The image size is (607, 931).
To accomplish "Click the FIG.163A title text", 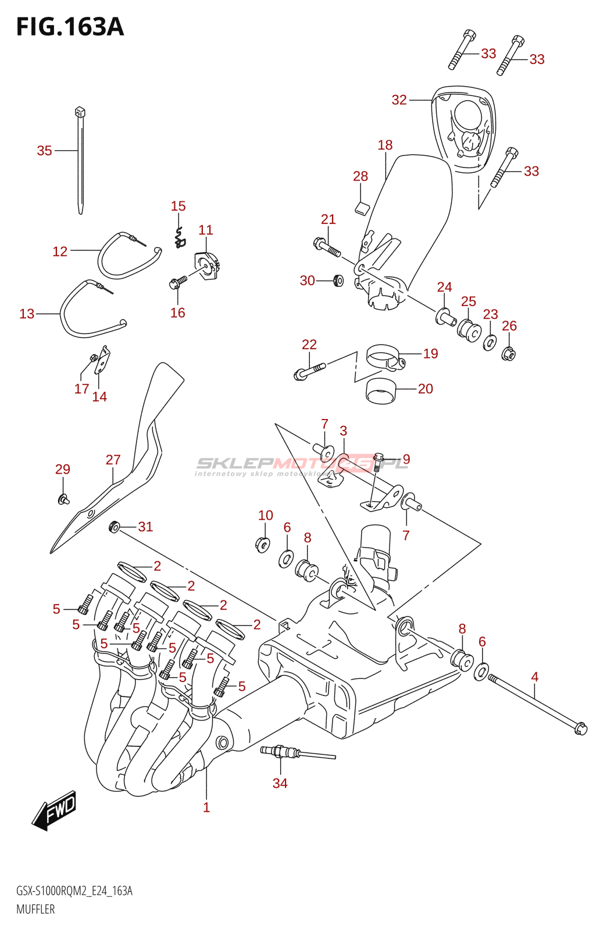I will click(x=70, y=27).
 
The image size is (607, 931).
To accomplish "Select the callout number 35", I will click(x=45, y=151).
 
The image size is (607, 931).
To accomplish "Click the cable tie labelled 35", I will click(x=80, y=163).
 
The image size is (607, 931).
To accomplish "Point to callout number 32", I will click(x=399, y=100).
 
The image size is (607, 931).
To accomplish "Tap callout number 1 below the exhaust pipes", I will click(x=206, y=807).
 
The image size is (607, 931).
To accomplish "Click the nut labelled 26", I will click(x=509, y=353).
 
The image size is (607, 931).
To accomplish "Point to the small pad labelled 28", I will click(x=362, y=207).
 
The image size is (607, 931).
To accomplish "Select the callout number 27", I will click(x=113, y=460).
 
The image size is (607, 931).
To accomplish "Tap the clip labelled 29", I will click(x=63, y=498).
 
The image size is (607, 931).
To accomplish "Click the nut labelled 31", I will click(x=115, y=527).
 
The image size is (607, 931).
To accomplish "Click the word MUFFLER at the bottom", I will click(x=35, y=909).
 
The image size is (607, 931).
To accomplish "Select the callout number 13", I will click(x=27, y=314).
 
